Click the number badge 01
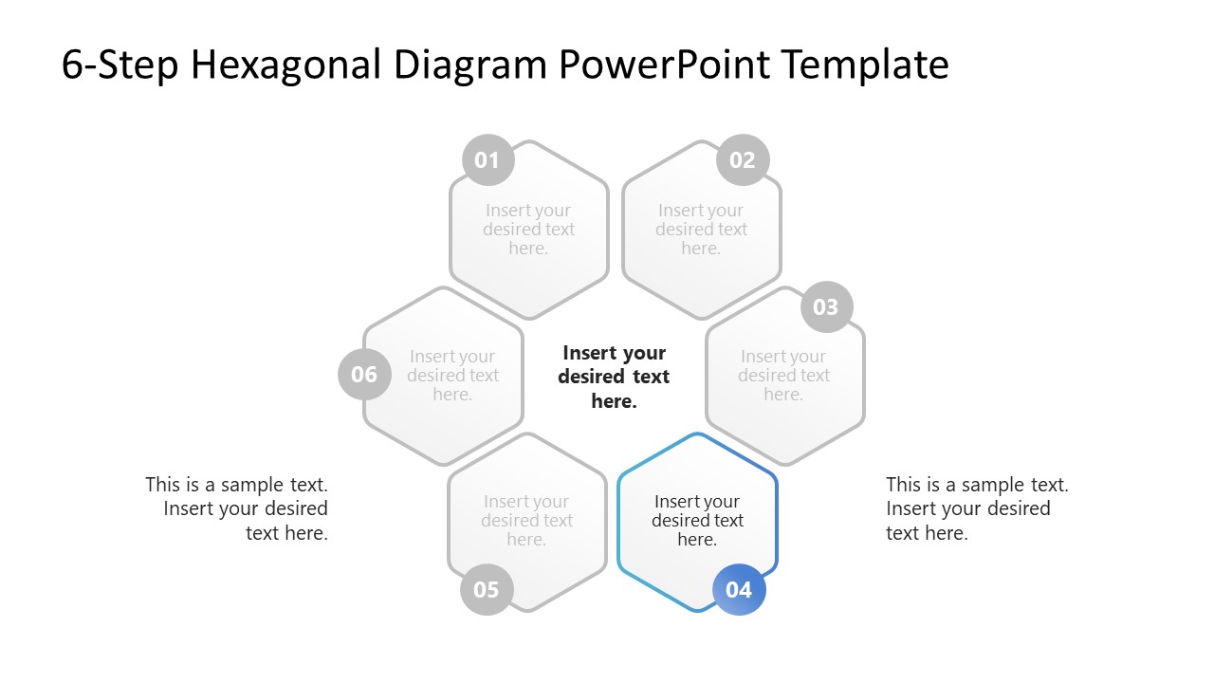pyautogui.click(x=487, y=160)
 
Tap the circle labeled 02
pyautogui.click(x=743, y=160)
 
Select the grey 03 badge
pyautogui.click(x=826, y=307)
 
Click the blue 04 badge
pyautogui.click(x=739, y=589)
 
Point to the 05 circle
pyautogui.click(x=486, y=589)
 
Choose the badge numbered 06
pyautogui.click(x=364, y=374)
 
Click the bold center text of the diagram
pyautogui.click(x=614, y=377)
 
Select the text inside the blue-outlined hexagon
pyautogui.click(x=697, y=520)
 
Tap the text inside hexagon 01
pyautogui.click(x=528, y=229)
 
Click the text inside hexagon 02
pyautogui.click(x=701, y=229)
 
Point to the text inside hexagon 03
pyautogui.click(x=783, y=375)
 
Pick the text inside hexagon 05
pyautogui.click(x=526, y=520)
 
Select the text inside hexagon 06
pyautogui.click(x=452, y=375)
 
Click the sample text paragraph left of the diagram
pyautogui.click(x=237, y=508)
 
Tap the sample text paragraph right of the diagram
pyautogui.click(x=977, y=508)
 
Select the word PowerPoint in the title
pyautogui.click(x=665, y=65)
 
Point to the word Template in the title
pyautogui.click(x=866, y=65)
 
